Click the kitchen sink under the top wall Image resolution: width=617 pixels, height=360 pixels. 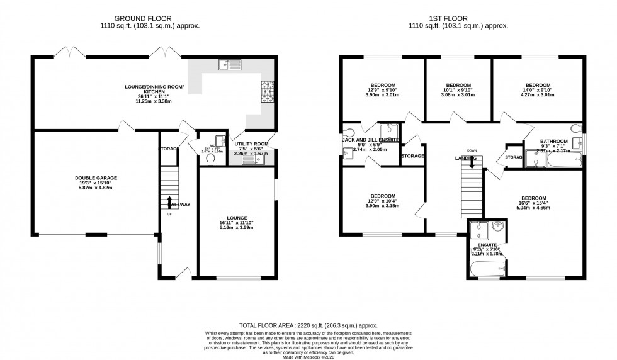click(x=229, y=64)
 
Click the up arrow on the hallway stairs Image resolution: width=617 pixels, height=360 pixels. click(x=169, y=201)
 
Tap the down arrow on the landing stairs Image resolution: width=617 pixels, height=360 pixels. click(x=472, y=162)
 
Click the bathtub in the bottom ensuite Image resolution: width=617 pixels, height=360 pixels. click(x=485, y=269)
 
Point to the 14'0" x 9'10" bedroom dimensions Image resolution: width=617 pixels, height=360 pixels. click(x=538, y=90)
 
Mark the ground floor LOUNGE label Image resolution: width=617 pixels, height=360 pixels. click(x=236, y=218)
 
